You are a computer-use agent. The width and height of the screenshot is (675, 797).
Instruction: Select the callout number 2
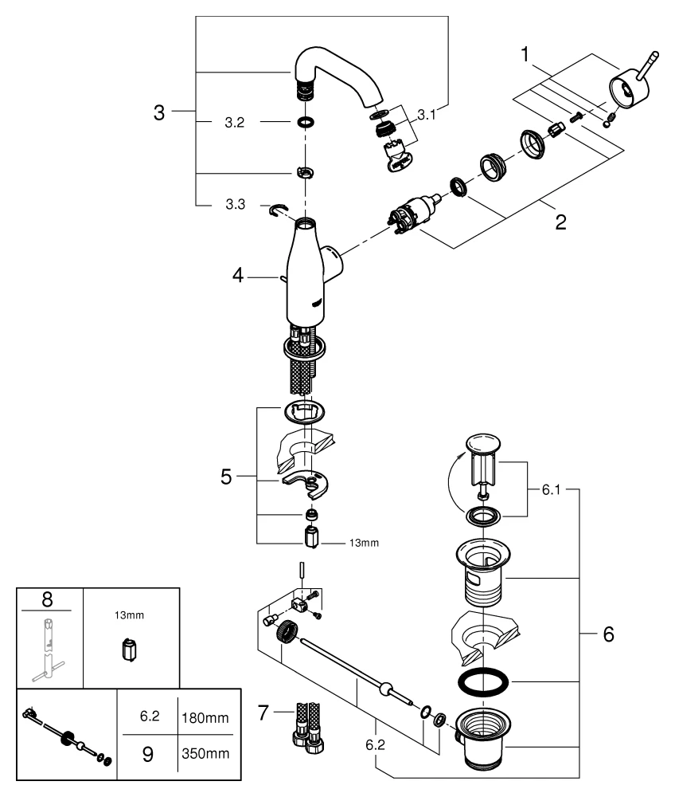(x=560, y=222)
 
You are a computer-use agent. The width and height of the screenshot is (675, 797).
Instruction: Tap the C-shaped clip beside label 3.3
(x=278, y=209)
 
